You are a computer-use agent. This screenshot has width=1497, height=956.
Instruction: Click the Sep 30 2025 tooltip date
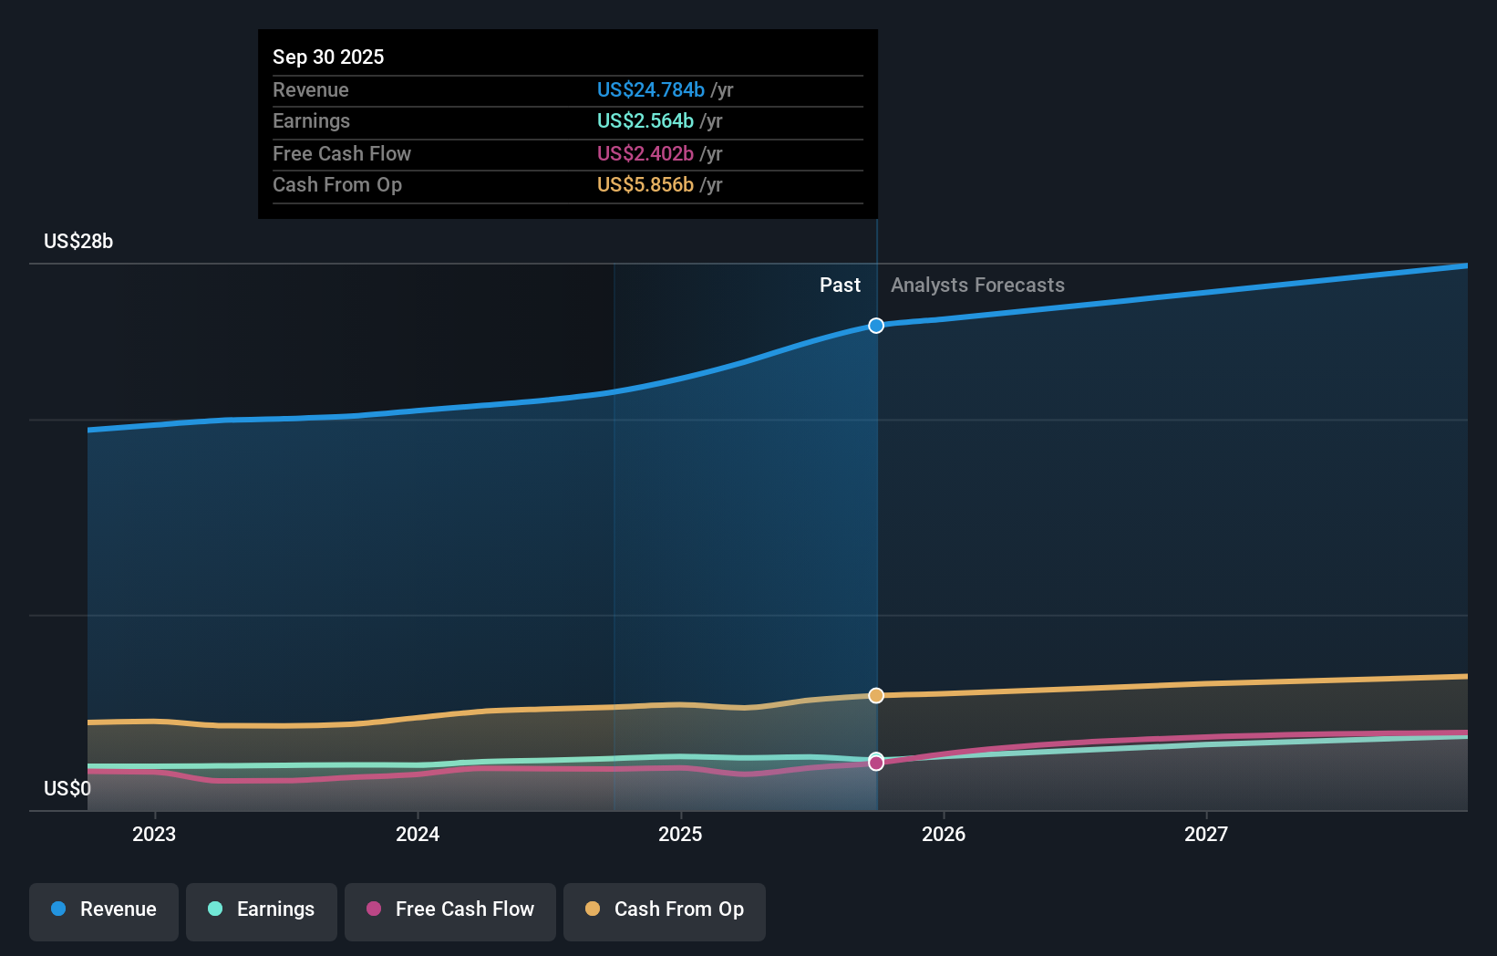[x=328, y=57]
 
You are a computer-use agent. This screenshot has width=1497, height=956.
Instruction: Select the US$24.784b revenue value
[x=650, y=89]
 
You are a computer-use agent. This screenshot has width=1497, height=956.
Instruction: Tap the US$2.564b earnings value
[x=645, y=120]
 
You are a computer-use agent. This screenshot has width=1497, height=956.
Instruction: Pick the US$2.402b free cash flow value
[x=645, y=153]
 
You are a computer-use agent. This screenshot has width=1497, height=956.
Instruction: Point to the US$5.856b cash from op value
[x=645, y=184]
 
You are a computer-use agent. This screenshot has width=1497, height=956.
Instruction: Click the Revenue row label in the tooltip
[x=310, y=89]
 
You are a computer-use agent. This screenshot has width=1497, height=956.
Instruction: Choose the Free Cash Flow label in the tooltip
[x=341, y=153]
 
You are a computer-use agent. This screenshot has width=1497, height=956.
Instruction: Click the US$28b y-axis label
[x=78, y=241]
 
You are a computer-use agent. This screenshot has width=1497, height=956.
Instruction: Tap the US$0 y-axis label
[x=67, y=788]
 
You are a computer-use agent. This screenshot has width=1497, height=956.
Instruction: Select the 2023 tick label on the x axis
[x=154, y=834]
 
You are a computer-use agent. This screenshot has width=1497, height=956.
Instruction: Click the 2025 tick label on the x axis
[x=680, y=834]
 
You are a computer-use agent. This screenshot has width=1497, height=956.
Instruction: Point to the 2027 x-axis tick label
[x=1205, y=834]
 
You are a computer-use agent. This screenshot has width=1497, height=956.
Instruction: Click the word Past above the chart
[x=839, y=285]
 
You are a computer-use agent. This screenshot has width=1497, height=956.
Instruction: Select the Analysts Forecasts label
[x=977, y=285]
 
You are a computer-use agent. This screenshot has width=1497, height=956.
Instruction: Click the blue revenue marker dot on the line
[x=876, y=326]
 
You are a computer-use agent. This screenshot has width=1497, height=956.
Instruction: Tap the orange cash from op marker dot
[x=876, y=695]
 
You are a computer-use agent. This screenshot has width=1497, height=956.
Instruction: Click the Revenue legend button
[x=104, y=909]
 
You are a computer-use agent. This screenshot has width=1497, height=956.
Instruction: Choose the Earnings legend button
[x=262, y=909]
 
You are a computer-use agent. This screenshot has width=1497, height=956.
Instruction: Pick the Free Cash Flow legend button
[x=450, y=909]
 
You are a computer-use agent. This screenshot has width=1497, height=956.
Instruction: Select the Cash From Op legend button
[x=665, y=909]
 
